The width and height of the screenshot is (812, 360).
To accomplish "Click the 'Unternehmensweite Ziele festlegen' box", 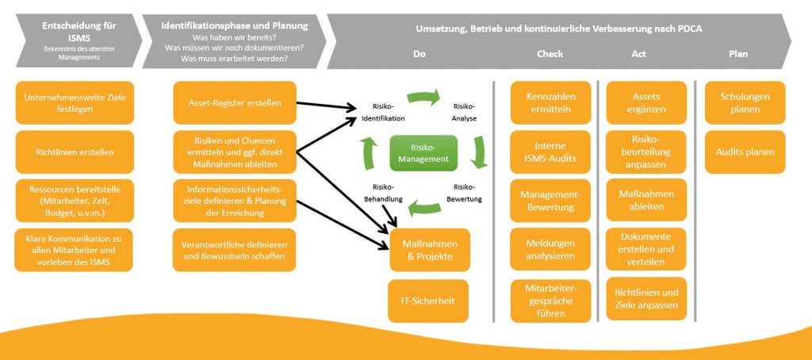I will pyautogui.click(x=75, y=103).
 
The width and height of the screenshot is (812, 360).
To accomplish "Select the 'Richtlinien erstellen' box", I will pyautogui.click(x=75, y=151).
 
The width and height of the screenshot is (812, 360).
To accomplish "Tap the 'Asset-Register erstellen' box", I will pyautogui.click(x=234, y=103).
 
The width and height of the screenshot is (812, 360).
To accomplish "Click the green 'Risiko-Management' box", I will pyautogui.click(x=423, y=153).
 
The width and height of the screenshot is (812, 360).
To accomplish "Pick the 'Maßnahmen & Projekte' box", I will pyautogui.click(x=430, y=250).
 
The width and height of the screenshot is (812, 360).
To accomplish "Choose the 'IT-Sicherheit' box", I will pyautogui.click(x=430, y=300).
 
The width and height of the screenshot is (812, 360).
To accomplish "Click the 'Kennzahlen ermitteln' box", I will pyautogui.click(x=550, y=103).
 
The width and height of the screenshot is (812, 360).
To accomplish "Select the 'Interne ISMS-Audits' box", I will pyautogui.click(x=550, y=151).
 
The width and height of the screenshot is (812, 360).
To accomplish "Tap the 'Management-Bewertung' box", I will pyautogui.click(x=550, y=201).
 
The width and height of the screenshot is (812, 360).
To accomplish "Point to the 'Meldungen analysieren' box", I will pyautogui.click(x=550, y=250).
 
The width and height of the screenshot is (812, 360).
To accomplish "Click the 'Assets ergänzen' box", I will pyautogui.click(x=646, y=103).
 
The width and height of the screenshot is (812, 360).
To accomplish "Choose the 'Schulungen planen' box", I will pyautogui.click(x=745, y=103).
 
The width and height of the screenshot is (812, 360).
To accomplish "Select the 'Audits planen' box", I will pyautogui.click(x=745, y=151).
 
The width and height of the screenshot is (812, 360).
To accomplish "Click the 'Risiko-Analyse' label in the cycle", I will pyautogui.click(x=464, y=112).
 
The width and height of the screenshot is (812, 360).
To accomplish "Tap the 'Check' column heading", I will pyautogui.click(x=550, y=55).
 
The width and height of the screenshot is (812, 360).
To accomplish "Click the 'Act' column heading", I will pyautogui.click(x=638, y=55).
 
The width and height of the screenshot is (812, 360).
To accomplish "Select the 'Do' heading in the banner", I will pyautogui.click(x=420, y=55).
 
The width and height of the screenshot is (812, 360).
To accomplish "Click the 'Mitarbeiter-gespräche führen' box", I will pyautogui.click(x=550, y=300).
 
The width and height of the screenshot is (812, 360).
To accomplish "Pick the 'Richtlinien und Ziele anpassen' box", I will pyautogui.click(x=646, y=298).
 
